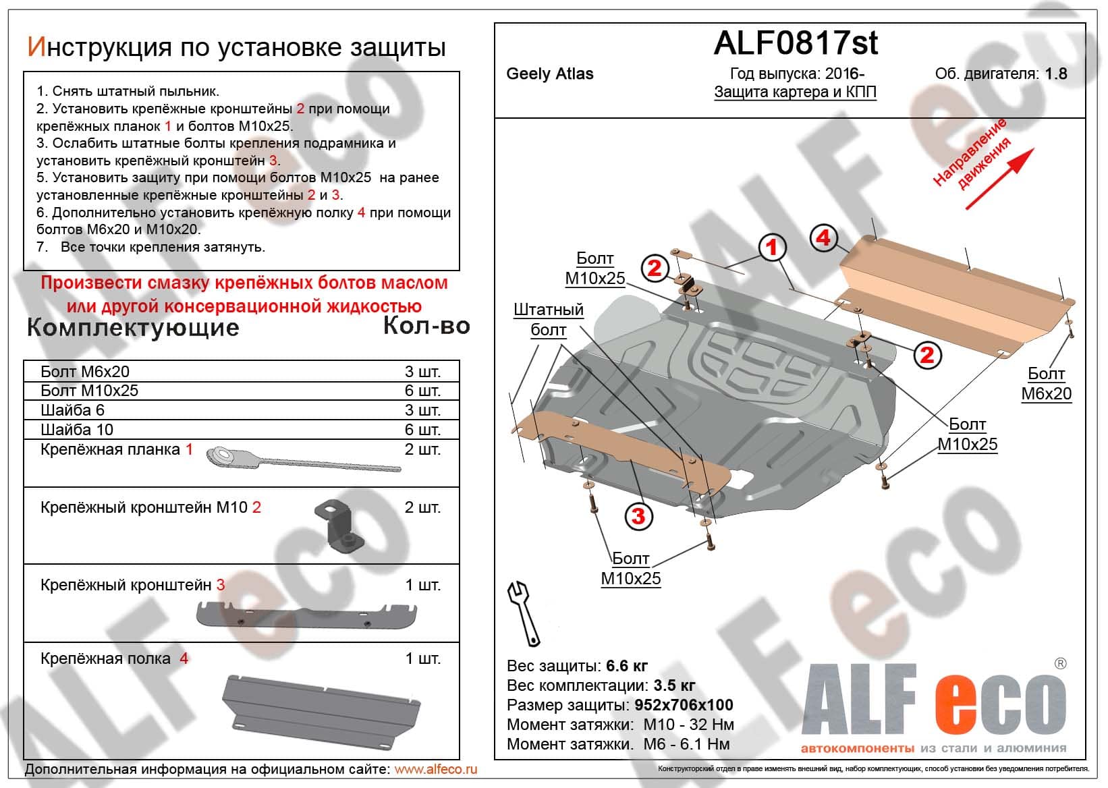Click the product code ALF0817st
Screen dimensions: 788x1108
(x=796, y=43)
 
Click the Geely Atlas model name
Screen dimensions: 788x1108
(x=550, y=74)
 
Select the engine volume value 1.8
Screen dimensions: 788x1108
(x=1056, y=74)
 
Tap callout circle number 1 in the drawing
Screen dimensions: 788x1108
(x=772, y=247)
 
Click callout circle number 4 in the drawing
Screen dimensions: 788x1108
(x=823, y=237)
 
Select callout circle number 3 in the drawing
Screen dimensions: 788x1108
(x=638, y=517)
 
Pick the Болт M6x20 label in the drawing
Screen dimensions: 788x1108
(x=1046, y=384)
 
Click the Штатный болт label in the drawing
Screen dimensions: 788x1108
(x=548, y=320)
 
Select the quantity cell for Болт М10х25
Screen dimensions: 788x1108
(x=422, y=391)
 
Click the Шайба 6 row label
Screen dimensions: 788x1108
(x=72, y=410)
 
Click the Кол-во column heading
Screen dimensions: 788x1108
(x=426, y=327)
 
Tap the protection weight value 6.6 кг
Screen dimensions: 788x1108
(x=627, y=666)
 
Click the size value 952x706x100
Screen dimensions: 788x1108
(x=684, y=705)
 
